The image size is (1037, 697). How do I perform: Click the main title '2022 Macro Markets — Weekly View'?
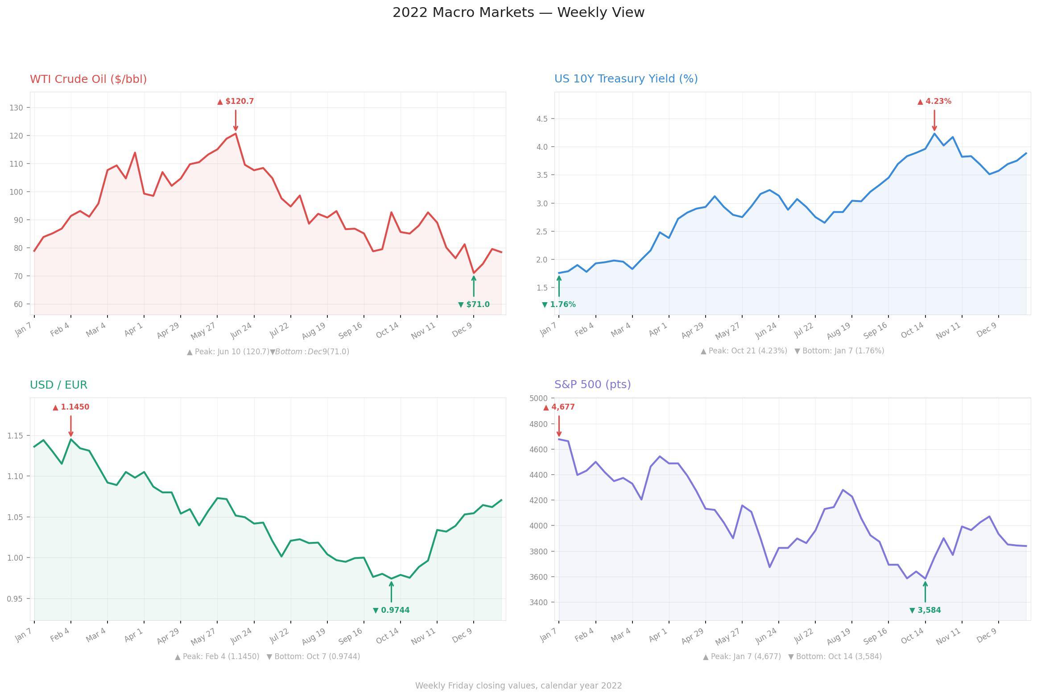click(518, 12)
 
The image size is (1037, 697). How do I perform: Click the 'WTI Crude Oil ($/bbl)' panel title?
click(88, 79)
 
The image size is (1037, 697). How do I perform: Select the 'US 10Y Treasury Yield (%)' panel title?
click(626, 79)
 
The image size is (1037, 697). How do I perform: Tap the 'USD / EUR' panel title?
click(58, 385)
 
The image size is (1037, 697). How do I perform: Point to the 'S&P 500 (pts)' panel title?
click(592, 384)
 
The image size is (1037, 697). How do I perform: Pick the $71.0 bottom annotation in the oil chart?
click(474, 304)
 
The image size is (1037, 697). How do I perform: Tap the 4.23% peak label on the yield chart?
click(934, 102)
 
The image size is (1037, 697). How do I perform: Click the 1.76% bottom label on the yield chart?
click(558, 304)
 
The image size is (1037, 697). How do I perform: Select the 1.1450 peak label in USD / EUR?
click(71, 407)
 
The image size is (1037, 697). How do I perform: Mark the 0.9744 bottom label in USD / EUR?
click(391, 610)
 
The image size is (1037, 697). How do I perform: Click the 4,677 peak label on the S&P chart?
click(559, 407)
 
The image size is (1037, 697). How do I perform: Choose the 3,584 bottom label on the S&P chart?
click(925, 610)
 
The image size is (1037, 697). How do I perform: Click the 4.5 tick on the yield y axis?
click(542, 119)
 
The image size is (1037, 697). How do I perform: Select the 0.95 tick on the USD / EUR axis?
click(15, 599)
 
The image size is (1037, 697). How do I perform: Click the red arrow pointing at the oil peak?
click(235, 120)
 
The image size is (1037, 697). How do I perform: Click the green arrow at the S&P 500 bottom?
click(925, 592)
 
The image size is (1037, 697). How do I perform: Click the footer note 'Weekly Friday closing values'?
click(518, 685)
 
